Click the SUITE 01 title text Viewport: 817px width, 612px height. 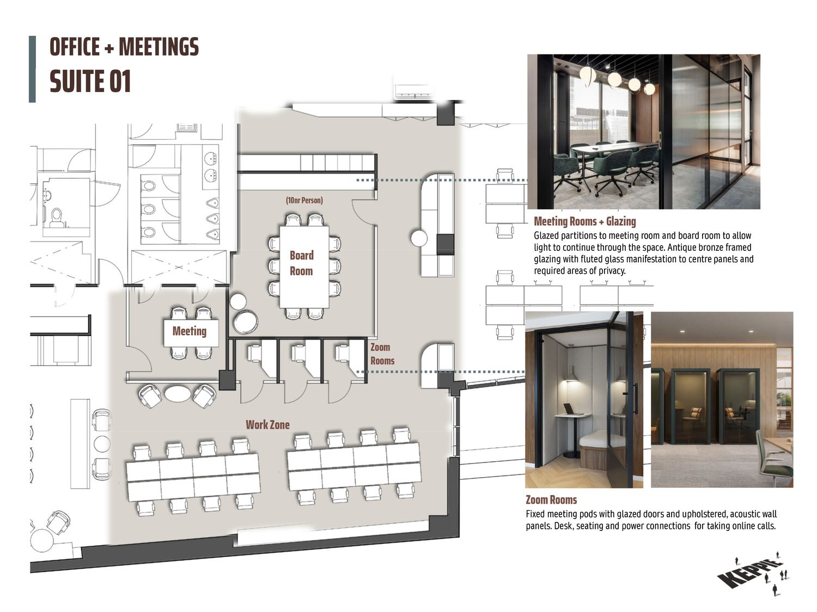tap(90, 82)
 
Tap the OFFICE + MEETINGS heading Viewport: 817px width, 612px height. tap(124, 47)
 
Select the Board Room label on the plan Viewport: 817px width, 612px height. tap(302, 263)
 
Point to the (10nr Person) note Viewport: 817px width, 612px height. tap(304, 200)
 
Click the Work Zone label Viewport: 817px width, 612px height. tap(267, 425)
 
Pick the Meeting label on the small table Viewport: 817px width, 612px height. tap(190, 331)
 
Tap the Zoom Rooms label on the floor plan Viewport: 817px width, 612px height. tap(382, 354)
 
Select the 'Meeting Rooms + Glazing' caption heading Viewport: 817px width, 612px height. tap(585, 221)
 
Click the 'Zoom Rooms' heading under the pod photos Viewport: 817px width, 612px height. tap(551, 500)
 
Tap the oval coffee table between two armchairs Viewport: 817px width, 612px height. tap(177, 393)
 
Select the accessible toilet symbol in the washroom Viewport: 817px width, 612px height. tap(56, 218)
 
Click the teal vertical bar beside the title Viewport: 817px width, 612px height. tap(32, 69)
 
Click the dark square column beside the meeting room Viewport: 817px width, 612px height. tap(227, 379)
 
